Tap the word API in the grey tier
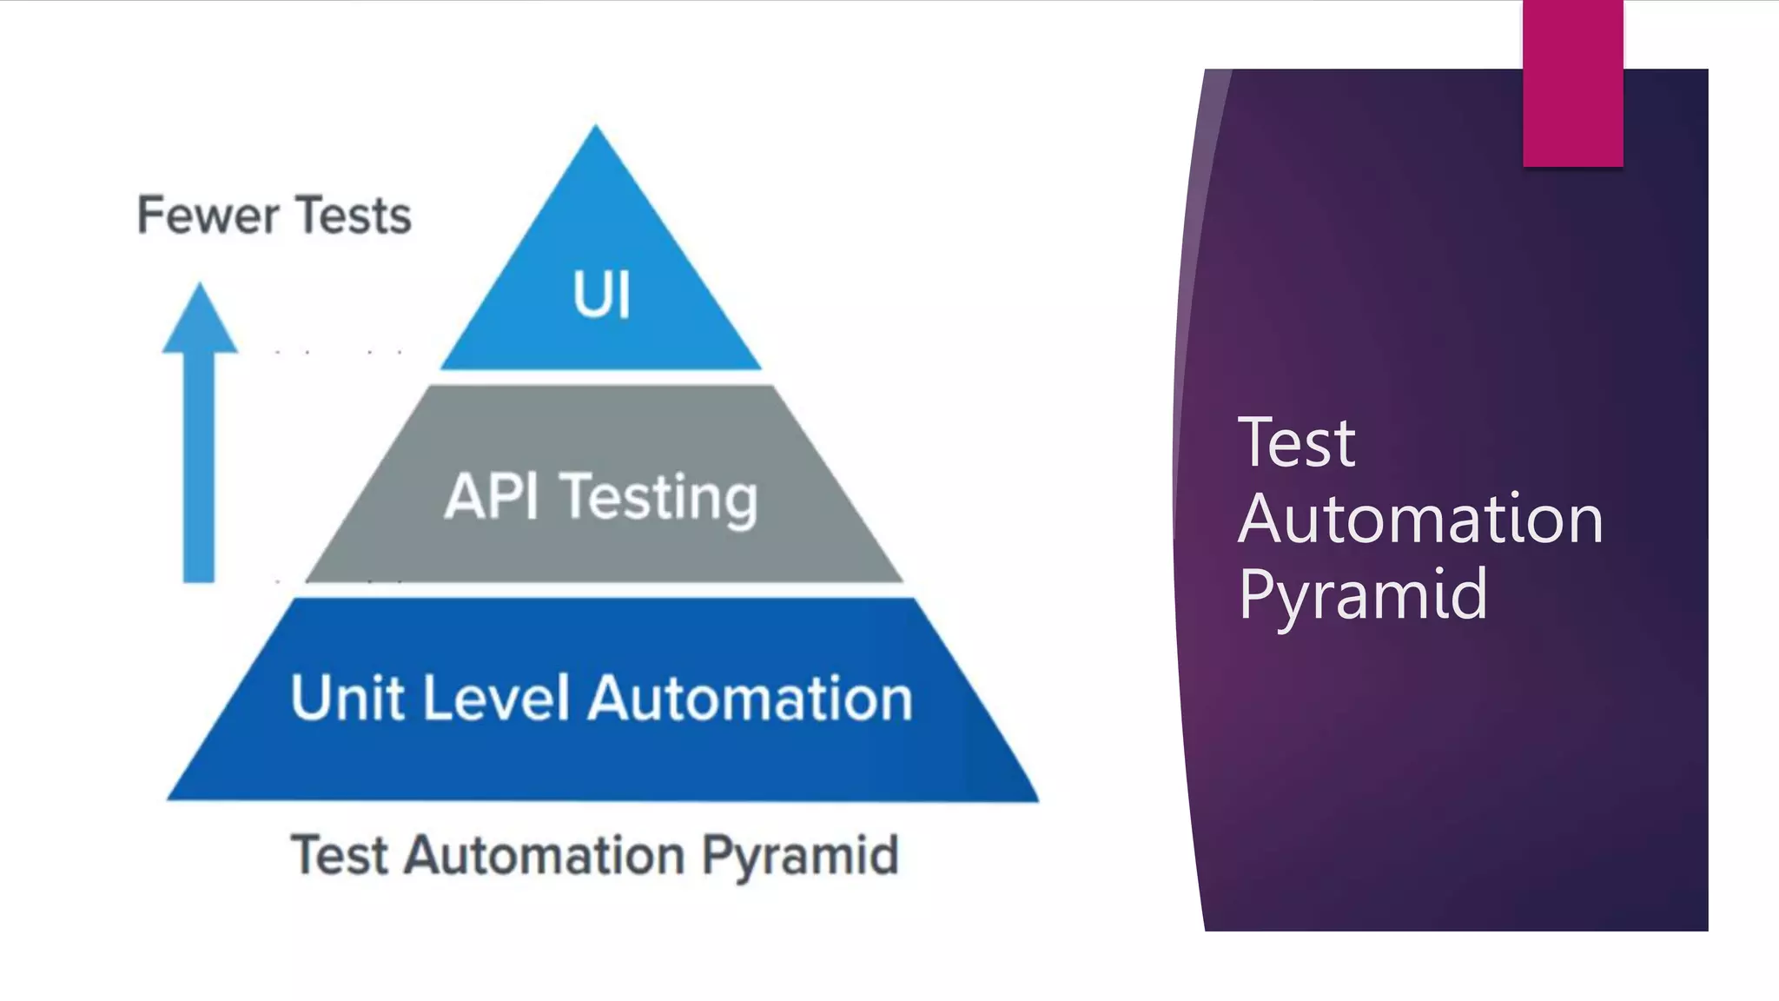pos(492,497)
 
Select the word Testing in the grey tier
pos(660,499)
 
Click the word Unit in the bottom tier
pos(347,698)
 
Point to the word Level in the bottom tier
pos(497,698)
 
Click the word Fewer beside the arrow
pos(208,215)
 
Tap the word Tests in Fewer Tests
pos(353,215)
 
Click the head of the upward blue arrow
pos(200,322)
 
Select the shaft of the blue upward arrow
pos(199,469)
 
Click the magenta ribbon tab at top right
pos(1572,83)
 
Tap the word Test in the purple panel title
pos(1296,442)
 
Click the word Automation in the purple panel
pos(1419,519)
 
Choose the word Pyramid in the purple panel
pos(1363,594)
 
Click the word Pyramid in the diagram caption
pos(800,856)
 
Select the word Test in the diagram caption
pos(339,856)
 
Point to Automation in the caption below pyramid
pos(546,856)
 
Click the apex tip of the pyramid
pos(595,129)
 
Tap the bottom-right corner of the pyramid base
pos(1035,797)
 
